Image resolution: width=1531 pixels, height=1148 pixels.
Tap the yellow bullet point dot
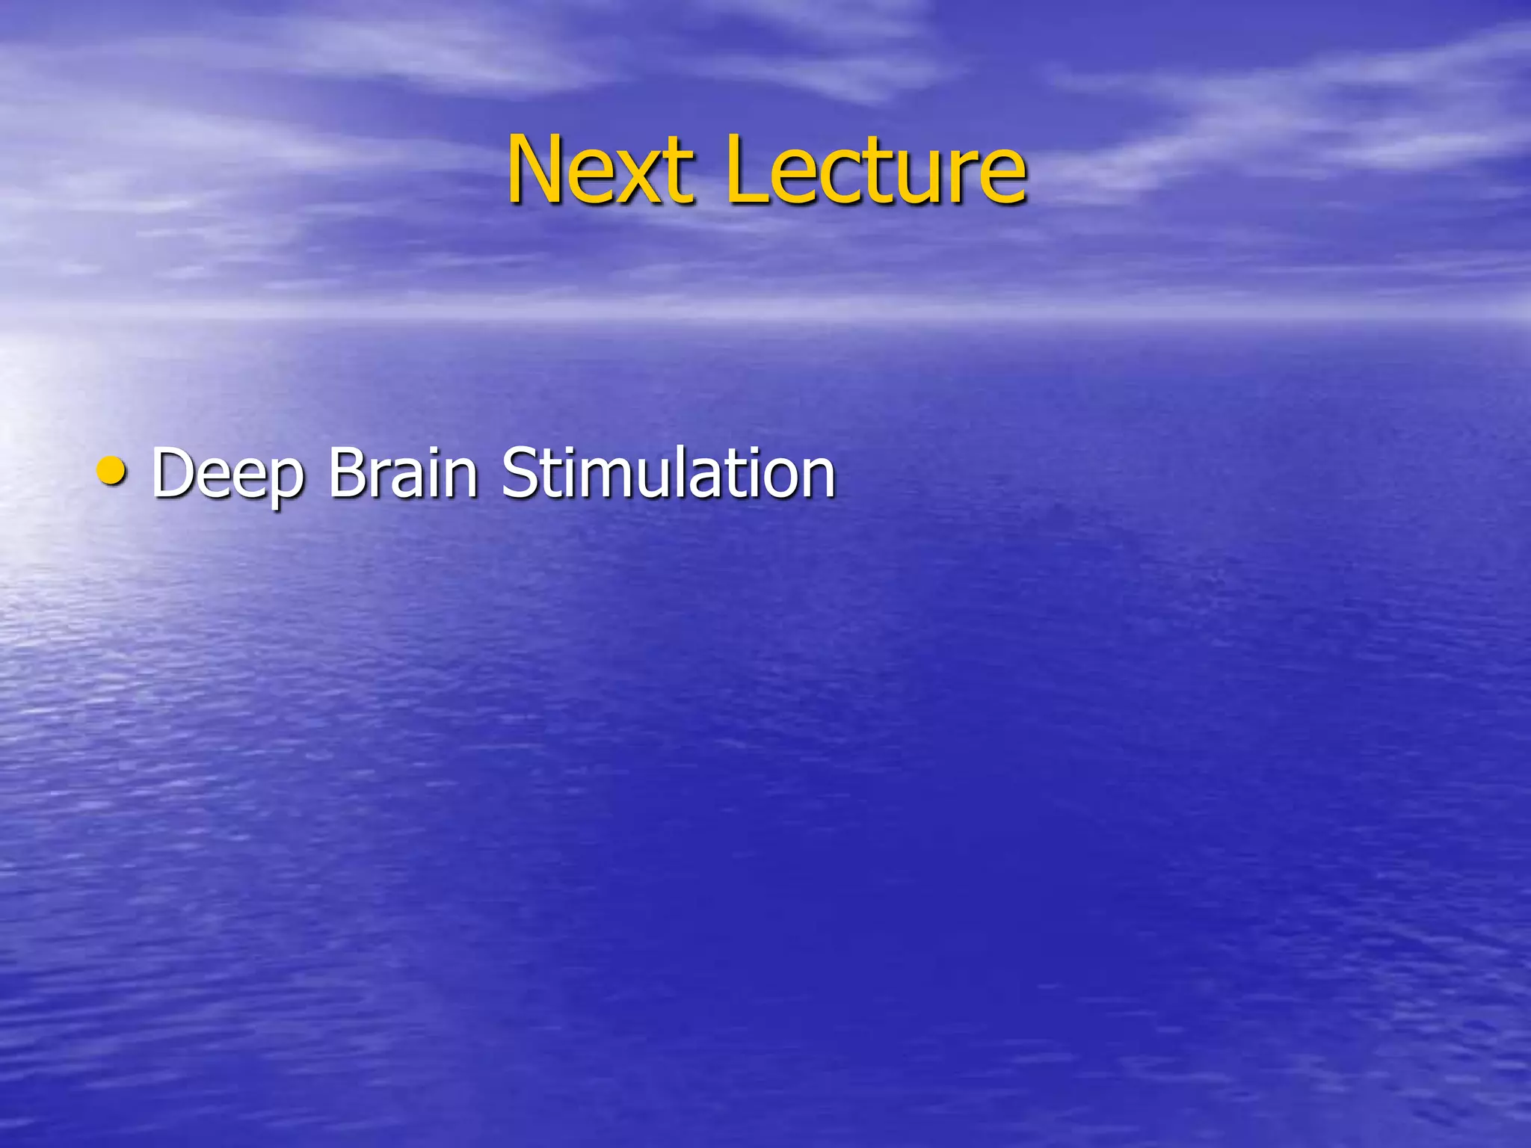pyautogui.click(x=112, y=472)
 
